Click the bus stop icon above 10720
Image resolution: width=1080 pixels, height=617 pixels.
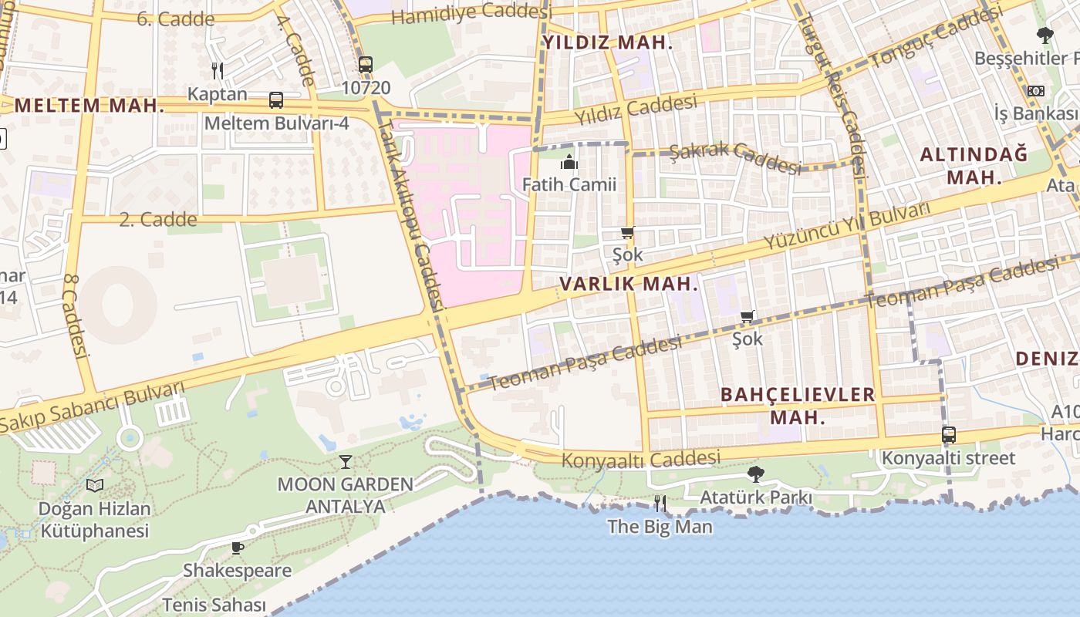(x=366, y=65)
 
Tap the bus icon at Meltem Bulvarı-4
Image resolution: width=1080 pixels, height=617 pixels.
(x=275, y=100)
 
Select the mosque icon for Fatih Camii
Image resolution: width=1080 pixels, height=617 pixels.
(x=569, y=162)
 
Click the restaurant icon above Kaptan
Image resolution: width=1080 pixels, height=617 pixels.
(x=218, y=71)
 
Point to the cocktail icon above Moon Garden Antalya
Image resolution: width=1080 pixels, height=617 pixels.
(x=345, y=462)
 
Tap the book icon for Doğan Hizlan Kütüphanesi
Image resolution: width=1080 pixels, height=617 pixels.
(x=95, y=485)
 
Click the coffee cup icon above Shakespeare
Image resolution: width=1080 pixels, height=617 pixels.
(x=237, y=548)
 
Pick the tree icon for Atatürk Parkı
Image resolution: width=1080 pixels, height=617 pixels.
(x=755, y=474)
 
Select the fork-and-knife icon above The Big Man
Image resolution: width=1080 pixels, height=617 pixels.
(x=660, y=504)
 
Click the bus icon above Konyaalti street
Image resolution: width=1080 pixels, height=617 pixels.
(x=949, y=435)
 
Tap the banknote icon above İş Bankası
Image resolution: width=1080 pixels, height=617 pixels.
(x=1035, y=91)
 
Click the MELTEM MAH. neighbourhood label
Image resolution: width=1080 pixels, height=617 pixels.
(x=89, y=106)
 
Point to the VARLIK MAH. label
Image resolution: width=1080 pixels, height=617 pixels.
(x=629, y=284)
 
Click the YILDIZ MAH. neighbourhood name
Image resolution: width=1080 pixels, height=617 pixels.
(x=607, y=43)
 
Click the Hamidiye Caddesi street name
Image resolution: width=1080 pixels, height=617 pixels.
(x=467, y=13)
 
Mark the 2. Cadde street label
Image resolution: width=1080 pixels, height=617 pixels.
(x=158, y=220)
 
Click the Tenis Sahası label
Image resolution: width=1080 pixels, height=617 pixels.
(x=214, y=605)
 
